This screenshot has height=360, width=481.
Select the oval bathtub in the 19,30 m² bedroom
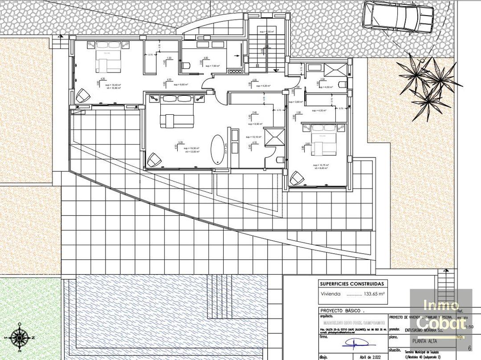tap(218, 149)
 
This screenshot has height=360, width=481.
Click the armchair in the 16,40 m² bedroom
tap(83, 96)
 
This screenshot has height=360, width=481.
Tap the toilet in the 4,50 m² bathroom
tap(342, 85)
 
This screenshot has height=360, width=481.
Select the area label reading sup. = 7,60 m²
tap(212, 66)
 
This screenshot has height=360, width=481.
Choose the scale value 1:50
tap(469, 327)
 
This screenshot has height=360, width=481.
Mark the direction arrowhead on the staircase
tap(275, 71)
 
